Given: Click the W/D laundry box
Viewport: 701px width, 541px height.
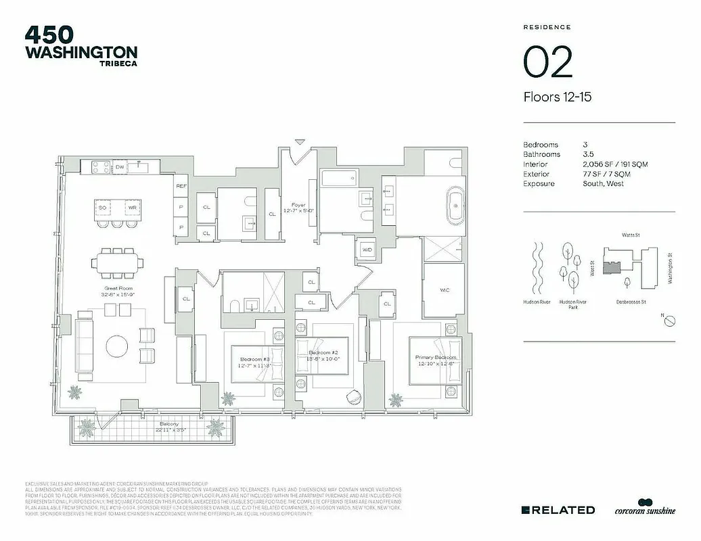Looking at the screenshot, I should tap(367, 249).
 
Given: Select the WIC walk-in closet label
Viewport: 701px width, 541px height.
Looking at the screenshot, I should tap(444, 290).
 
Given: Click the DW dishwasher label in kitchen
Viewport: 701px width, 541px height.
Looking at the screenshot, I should tap(119, 166).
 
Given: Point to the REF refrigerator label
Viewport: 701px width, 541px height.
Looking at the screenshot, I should tap(181, 185).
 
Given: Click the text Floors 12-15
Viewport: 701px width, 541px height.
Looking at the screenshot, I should tap(558, 97).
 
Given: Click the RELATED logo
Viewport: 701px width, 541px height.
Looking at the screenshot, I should tap(558, 510).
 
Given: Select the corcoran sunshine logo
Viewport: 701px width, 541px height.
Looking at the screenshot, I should tap(645, 508).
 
